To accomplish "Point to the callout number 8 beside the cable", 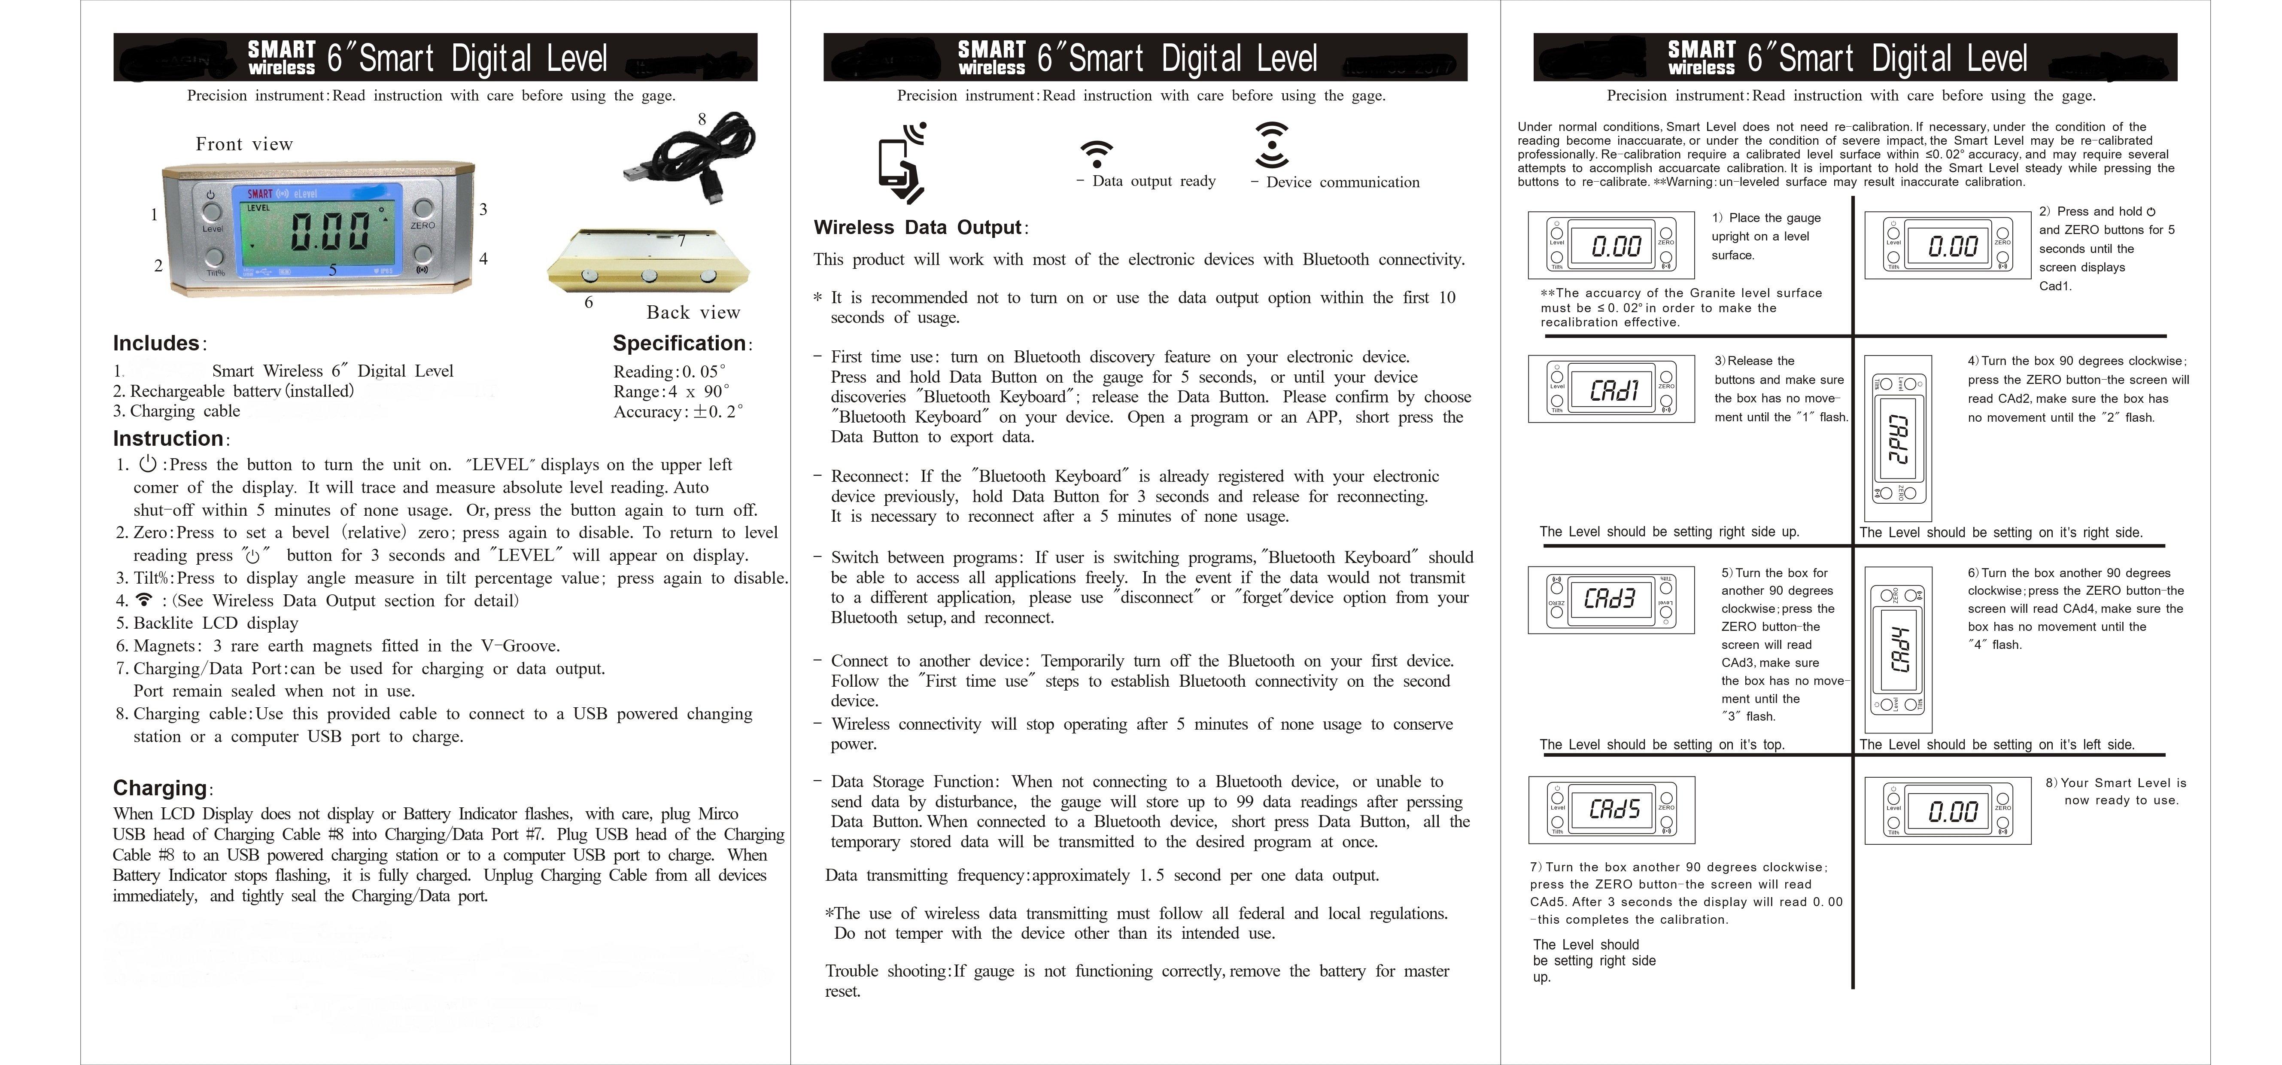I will [702, 119].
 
